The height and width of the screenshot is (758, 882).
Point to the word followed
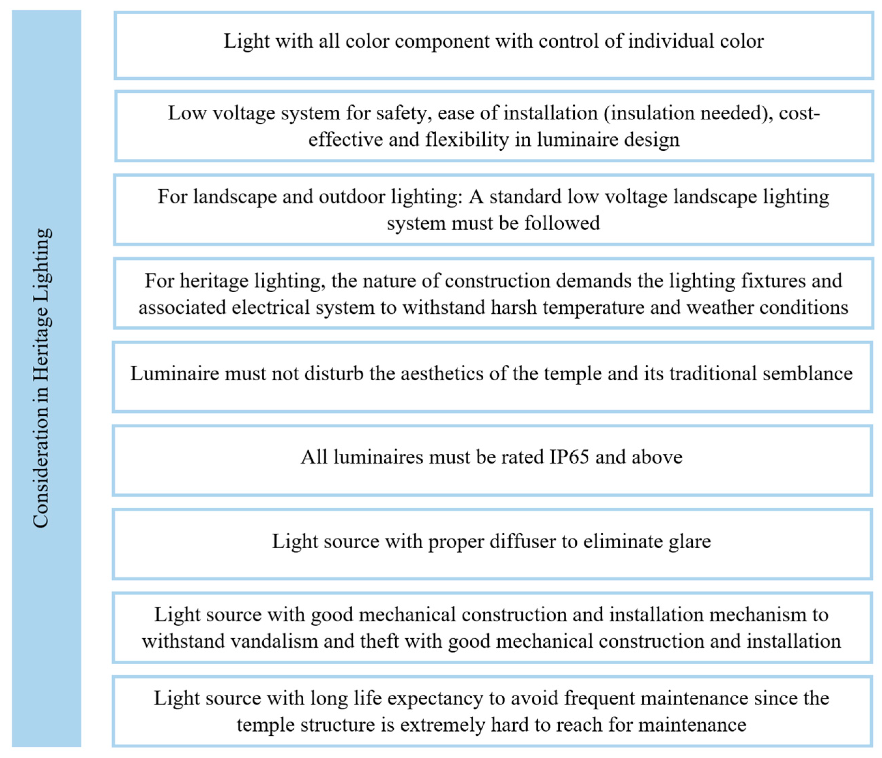coord(562,223)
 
